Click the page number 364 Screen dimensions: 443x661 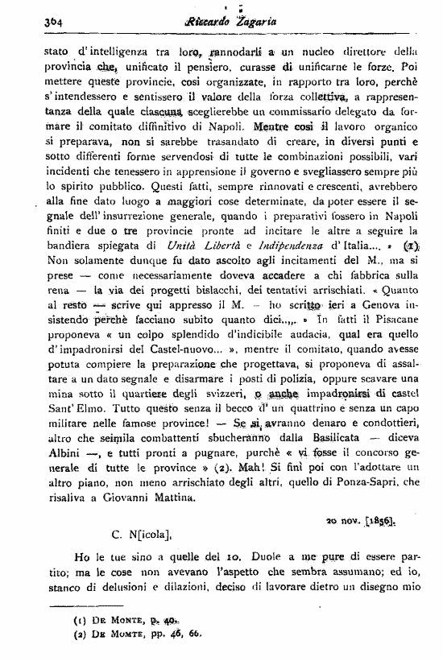coord(35,23)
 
